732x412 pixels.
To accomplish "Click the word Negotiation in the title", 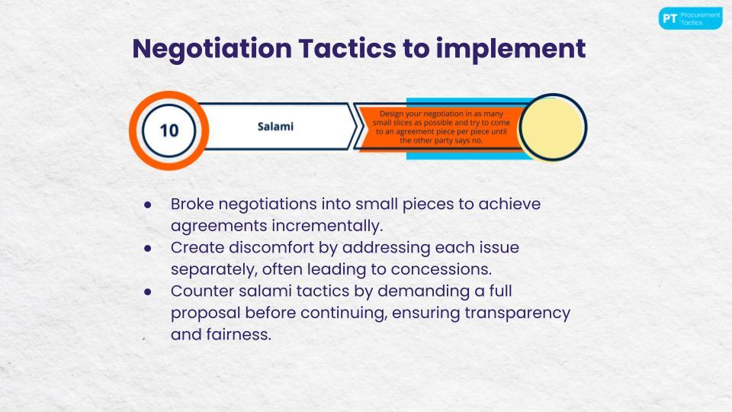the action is (x=213, y=50).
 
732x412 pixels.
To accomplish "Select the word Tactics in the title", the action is (x=347, y=49).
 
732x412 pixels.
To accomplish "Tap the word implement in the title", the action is (x=511, y=50).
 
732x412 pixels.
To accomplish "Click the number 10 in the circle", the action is (x=169, y=130).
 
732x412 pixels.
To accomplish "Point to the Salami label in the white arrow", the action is (x=275, y=127).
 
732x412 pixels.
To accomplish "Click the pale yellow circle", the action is (x=553, y=127).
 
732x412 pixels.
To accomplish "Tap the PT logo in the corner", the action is (x=691, y=18).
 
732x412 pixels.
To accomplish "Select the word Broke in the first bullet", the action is (x=192, y=204).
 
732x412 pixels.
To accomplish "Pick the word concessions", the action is (x=441, y=269).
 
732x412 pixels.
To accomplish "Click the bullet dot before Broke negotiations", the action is (x=148, y=204).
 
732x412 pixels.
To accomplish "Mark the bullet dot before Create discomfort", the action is (x=148, y=248).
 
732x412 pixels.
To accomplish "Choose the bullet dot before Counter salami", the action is (x=148, y=292).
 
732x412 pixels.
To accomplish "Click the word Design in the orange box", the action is (x=390, y=114).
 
